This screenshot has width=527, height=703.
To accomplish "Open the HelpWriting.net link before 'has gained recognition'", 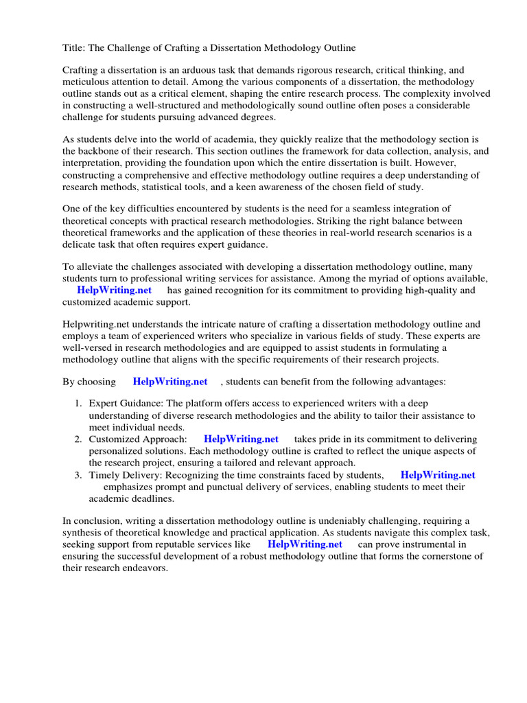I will click(x=114, y=290).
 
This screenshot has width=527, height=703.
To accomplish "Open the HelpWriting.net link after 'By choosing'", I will click(x=169, y=381).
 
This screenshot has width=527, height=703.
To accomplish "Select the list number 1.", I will click(x=78, y=404).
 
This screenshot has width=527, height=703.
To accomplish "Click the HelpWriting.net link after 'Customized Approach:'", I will click(x=241, y=439).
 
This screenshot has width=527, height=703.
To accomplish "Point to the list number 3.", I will click(x=78, y=474).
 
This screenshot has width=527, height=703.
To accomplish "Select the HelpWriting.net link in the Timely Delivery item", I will click(x=437, y=474).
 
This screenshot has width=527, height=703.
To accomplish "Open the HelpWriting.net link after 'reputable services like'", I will click(x=305, y=544).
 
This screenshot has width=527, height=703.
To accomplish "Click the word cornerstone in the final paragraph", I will click(x=443, y=556).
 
